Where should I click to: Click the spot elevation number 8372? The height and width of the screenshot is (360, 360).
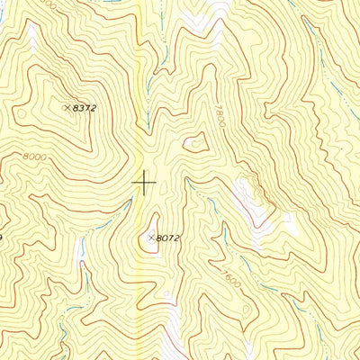[85, 108]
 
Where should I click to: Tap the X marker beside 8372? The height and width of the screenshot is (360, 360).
[67, 108]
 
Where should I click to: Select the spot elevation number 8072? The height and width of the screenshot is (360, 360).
[168, 238]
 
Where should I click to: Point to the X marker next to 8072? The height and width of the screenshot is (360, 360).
[150, 238]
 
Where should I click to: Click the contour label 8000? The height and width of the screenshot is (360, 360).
[33, 156]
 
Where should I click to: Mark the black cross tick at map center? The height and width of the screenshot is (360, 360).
[144, 183]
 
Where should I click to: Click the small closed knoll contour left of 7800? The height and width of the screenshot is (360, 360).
[194, 141]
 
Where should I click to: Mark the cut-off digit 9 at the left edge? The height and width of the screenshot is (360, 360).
[3, 238]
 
